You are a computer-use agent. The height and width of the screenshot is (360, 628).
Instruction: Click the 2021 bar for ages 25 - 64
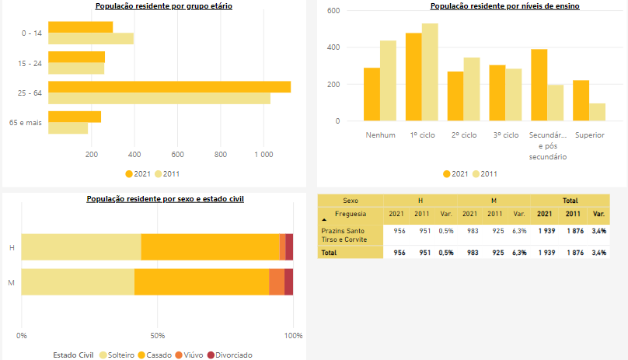tap(169, 86)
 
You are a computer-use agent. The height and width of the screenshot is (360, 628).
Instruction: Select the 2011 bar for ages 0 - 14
tap(91, 39)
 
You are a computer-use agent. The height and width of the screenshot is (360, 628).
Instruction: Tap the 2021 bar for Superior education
tap(581, 100)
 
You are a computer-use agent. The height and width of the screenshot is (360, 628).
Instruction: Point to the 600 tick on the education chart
tap(333, 10)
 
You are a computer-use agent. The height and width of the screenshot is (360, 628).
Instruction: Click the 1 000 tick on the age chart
tap(263, 155)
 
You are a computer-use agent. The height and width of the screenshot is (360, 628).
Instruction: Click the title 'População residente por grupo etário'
tap(163, 6)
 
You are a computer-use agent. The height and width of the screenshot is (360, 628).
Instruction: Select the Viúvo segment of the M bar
tap(276, 282)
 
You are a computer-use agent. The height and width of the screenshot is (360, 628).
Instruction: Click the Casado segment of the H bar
tap(210, 246)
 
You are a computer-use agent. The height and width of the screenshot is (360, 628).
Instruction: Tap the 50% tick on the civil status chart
tap(157, 336)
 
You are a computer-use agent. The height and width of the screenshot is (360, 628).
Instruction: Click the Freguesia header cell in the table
tap(351, 214)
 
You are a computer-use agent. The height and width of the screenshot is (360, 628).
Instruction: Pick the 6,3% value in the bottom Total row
tap(520, 253)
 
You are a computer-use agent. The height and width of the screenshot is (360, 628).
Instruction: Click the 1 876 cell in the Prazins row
tap(573, 231)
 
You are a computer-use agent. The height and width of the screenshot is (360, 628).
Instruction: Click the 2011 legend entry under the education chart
tap(484, 173)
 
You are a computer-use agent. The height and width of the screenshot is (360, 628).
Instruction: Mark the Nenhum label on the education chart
tap(380, 135)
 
